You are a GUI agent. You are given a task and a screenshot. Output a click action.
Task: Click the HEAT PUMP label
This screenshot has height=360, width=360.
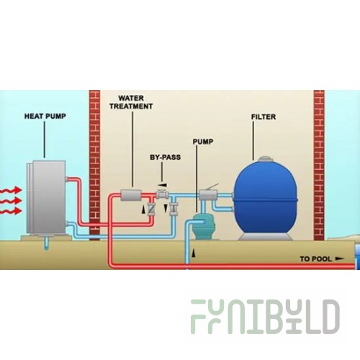(45, 116)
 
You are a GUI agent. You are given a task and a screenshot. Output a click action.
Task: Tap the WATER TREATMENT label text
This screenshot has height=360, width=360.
(131, 102)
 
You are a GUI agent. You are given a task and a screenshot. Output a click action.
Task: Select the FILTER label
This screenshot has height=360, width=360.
(264, 117)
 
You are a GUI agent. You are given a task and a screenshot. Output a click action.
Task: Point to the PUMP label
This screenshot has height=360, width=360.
(203, 142)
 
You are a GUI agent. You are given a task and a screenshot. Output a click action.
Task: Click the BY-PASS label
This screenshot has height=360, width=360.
(165, 157)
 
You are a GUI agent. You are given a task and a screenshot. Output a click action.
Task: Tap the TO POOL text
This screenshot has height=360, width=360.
(315, 259)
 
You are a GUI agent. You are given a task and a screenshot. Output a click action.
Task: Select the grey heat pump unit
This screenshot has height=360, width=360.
(46, 197)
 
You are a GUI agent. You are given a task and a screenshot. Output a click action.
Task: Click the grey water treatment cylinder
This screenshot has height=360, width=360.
(130, 195)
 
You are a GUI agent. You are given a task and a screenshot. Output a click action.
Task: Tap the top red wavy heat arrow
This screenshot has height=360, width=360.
(11, 190)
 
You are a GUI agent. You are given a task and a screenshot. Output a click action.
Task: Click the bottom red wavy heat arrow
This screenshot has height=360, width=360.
(11, 211)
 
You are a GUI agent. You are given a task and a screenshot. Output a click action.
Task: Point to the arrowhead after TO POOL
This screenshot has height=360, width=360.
(339, 258)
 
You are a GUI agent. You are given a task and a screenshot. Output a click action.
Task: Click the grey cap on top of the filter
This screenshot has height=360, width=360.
(265, 158)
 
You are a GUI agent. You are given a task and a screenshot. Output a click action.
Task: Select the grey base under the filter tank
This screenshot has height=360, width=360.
(265, 237)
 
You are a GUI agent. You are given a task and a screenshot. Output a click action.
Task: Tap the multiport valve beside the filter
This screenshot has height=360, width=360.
(208, 194)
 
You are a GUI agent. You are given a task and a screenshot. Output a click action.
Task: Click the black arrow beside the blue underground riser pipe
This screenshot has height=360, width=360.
(193, 253)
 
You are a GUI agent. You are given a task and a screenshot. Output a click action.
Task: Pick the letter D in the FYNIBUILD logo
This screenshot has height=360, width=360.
(330, 317)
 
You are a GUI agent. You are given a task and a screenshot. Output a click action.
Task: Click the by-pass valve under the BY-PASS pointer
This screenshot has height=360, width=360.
(163, 194)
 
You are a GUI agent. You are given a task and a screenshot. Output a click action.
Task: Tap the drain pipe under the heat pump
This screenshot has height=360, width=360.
(47, 243)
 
